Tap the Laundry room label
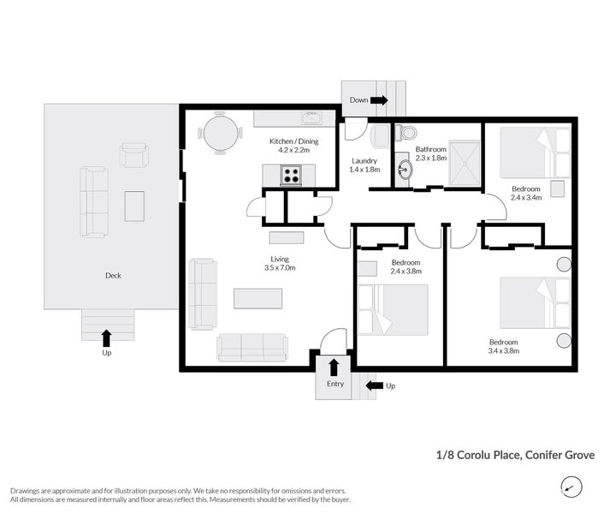(x=364, y=164)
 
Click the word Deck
(x=113, y=276)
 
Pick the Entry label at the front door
(x=335, y=385)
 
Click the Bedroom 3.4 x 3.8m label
(x=503, y=346)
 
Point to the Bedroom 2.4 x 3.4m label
(x=525, y=193)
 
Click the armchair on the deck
(x=133, y=155)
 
